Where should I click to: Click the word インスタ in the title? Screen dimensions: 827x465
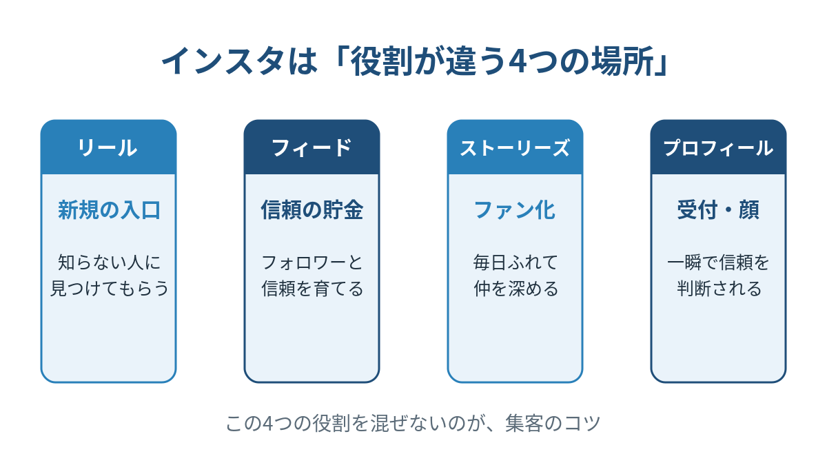pos(223,61)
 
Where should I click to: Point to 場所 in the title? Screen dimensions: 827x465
pos(622,61)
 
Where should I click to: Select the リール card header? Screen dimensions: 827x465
pos(109,147)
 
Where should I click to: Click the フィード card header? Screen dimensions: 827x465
pos(312,147)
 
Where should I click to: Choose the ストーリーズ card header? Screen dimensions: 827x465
pos(515,147)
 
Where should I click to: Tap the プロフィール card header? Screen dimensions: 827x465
pos(718,147)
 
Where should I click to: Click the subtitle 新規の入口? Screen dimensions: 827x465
pos(109,210)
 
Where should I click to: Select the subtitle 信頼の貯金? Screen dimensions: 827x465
pos(312,210)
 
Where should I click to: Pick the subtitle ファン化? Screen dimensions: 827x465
pos(515,210)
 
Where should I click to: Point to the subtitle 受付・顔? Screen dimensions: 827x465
pos(718,210)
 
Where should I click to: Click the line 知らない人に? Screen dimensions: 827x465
pos(109,262)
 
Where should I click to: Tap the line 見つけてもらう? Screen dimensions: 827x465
pos(110,288)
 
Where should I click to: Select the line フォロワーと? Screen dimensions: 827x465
pos(312,262)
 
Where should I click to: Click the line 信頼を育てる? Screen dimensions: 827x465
pos(312,288)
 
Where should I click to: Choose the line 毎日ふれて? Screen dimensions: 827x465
pos(515,262)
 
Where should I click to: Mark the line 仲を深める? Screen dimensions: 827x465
pos(515,288)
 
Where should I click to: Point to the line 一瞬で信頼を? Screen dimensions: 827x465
pos(718,262)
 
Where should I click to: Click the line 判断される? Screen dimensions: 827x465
pos(719,288)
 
